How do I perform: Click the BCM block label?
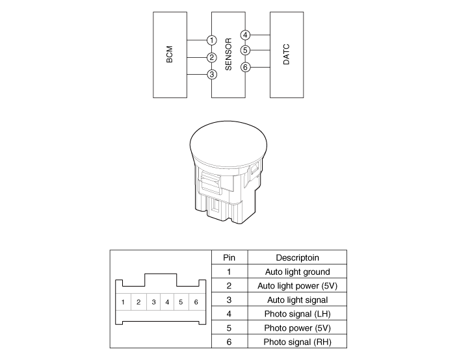[169, 55]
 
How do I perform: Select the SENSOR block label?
[229, 55]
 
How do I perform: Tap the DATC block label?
[287, 55]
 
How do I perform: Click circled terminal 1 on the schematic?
[212, 40]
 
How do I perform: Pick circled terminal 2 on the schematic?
[212, 58]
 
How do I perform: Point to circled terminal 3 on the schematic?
[212, 75]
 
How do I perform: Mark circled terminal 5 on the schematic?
[245, 50]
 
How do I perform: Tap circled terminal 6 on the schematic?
[245, 67]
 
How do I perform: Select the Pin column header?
[229, 257]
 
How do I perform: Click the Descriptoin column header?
[297, 257]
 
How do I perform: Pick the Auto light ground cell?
[297, 272]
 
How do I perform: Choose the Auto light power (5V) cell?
[297, 286]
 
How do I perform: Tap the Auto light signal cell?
[297, 300]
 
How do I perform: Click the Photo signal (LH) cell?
[297, 314]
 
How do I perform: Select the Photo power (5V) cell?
[297, 328]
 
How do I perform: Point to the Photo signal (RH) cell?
[297, 342]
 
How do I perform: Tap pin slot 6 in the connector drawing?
[196, 302]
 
